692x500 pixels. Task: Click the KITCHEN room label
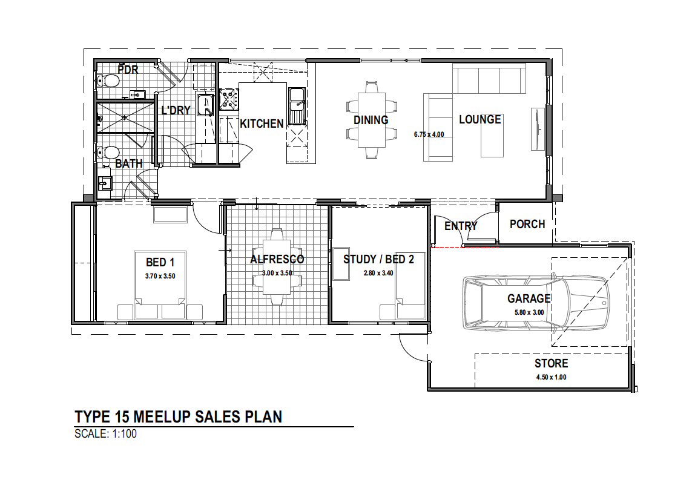pyautogui.click(x=262, y=124)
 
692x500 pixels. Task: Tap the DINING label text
pyautogui.click(x=371, y=120)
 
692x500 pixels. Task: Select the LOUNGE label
pyautogui.click(x=479, y=120)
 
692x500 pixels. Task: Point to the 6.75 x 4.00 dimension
pyautogui.click(x=429, y=134)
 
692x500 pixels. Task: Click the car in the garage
pyautogui.click(x=536, y=303)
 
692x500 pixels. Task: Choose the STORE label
pyautogui.click(x=551, y=364)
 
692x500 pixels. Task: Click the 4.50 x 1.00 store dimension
pyautogui.click(x=551, y=377)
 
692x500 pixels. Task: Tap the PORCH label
pyautogui.click(x=527, y=224)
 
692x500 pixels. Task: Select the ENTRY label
pyautogui.click(x=461, y=226)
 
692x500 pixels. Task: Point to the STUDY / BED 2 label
pyautogui.click(x=378, y=260)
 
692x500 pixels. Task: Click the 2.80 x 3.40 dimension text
pyautogui.click(x=378, y=273)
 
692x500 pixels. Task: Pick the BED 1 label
pyautogui.click(x=160, y=263)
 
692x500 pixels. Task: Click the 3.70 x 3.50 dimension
pyautogui.click(x=160, y=276)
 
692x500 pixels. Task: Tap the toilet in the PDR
pyautogui.click(x=108, y=81)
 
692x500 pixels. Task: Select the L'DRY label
pyautogui.click(x=176, y=110)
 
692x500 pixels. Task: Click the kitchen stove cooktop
pyautogui.click(x=229, y=99)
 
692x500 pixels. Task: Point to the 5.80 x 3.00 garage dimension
pyautogui.click(x=529, y=312)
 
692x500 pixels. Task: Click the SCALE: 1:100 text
pyautogui.click(x=105, y=434)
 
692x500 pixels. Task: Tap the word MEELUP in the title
pyautogui.click(x=162, y=417)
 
